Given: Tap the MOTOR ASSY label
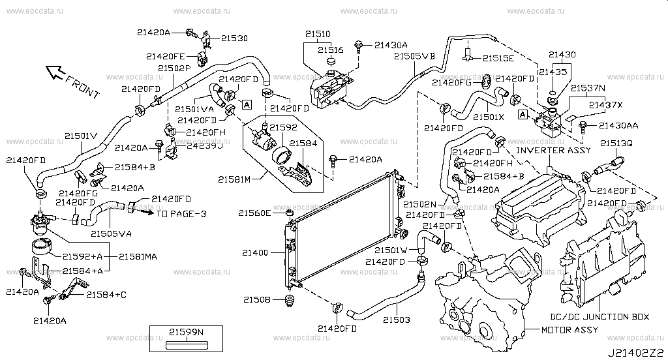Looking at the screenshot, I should (x=569, y=330).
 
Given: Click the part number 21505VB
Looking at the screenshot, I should (x=414, y=57).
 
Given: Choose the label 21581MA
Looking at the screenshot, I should (x=138, y=256).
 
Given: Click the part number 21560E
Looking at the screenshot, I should (x=254, y=213).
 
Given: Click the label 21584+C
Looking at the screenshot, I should (x=106, y=295).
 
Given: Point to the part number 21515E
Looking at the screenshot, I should (x=498, y=58).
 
